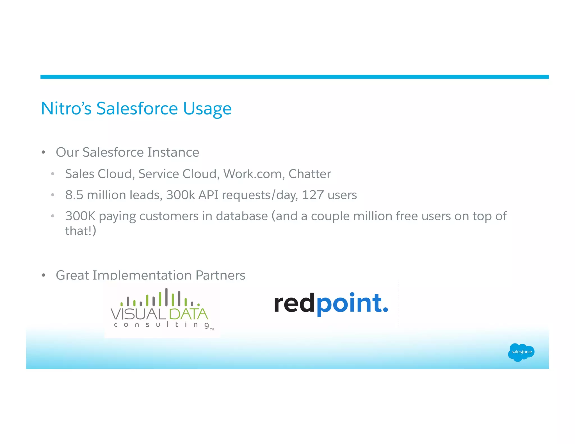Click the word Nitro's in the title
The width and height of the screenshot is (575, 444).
coord(66,109)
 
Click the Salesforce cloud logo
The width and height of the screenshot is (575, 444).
coord(521,352)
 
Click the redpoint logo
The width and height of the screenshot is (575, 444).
coord(331,304)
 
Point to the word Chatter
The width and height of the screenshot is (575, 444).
coord(309,174)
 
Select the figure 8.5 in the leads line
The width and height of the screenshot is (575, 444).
coord(74,195)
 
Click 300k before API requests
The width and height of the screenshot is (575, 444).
coord(180,195)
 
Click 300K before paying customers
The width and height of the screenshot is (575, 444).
coord(80,216)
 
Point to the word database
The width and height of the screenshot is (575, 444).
coord(242,216)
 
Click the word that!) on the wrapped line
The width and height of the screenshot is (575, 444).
coord(81,231)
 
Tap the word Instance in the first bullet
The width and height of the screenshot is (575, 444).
coord(173,152)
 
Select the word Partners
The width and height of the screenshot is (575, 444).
coord(220,275)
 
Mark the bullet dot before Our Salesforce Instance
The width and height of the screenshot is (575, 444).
coord(43,152)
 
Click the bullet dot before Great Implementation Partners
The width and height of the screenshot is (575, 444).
coord(43,275)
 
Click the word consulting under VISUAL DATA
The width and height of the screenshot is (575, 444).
coord(161,325)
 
